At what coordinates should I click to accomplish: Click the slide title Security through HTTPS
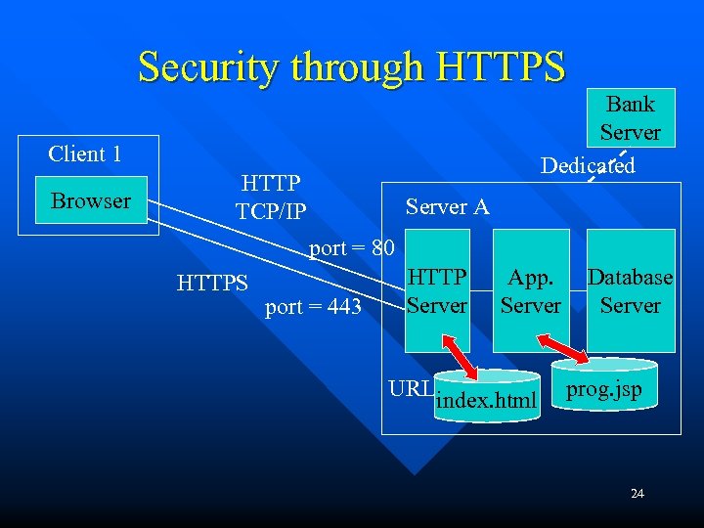pos(351,67)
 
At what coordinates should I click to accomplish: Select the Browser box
pos(91,200)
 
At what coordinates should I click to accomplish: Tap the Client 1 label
pos(85,154)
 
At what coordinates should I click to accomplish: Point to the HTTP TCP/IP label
pos(271,197)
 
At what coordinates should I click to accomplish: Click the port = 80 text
pos(351,248)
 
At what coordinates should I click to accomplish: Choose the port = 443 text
pos(313,307)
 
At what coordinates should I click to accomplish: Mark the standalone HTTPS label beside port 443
pos(213,284)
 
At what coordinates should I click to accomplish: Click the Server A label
pos(447,207)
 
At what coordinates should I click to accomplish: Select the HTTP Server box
pos(437,290)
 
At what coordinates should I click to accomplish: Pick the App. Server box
pos(531,290)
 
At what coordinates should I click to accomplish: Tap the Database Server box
pos(631,290)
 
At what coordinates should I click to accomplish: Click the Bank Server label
pos(630,117)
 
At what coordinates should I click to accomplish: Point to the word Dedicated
pos(588,165)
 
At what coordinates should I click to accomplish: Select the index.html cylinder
pos(487,399)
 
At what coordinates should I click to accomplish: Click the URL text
pos(410,388)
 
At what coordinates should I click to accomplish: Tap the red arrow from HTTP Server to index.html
pos(461,358)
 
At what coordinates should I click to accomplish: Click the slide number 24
pos(638,494)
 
